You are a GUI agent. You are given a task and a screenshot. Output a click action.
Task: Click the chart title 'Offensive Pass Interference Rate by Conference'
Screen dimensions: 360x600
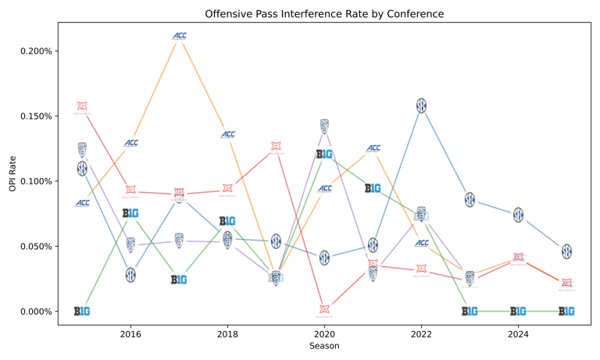[x=325, y=14]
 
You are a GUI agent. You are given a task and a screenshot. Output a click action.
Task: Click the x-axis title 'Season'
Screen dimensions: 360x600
[x=324, y=346]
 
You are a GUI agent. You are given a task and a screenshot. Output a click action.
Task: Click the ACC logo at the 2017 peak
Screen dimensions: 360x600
[x=179, y=36]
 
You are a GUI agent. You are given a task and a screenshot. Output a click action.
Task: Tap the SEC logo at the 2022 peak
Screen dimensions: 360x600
[x=421, y=105]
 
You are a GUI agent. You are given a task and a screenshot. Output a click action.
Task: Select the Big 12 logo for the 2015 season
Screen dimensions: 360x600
[x=82, y=107]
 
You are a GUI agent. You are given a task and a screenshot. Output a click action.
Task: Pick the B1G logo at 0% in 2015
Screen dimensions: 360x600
[x=82, y=311]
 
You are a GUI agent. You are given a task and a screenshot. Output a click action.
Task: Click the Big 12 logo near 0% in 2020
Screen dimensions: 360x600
[x=324, y=310]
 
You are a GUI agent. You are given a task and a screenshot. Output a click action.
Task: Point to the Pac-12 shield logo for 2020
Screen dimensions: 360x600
[x=324, y=126]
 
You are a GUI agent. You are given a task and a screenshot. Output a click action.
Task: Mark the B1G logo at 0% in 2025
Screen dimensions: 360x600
[x=566, y=311]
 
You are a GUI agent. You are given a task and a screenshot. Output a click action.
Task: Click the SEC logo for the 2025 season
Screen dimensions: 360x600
[x=566, y=251]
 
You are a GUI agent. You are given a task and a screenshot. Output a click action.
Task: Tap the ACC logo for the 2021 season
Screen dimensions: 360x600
[x=373, y=148]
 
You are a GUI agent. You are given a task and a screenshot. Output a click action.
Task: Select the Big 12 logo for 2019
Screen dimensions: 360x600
[x=276, y=147]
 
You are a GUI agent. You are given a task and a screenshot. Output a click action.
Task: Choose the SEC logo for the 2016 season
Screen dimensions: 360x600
[x=130, y=275]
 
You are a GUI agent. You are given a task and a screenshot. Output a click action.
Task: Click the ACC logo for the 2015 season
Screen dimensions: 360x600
[x=82, y=203]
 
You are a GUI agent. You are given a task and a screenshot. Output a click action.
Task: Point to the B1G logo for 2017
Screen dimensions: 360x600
[x=179, y=280]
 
